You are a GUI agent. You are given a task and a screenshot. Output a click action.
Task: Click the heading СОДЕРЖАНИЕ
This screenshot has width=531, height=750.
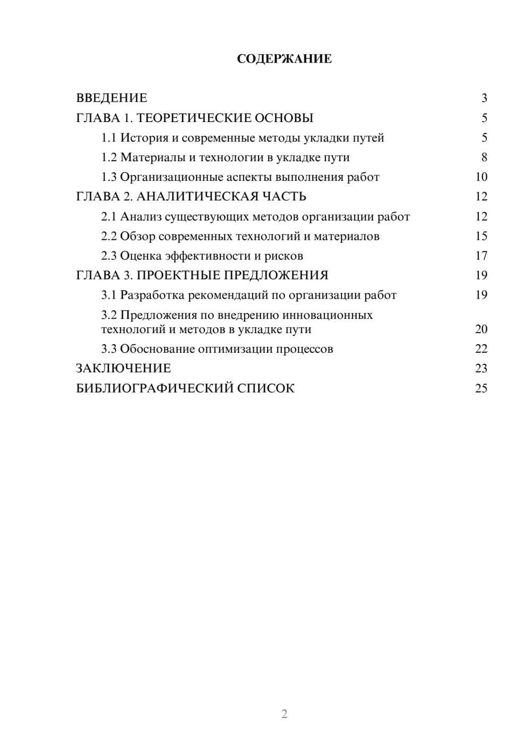click(284, 59)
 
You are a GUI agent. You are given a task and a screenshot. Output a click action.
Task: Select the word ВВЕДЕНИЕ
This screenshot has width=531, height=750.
click(112, 98)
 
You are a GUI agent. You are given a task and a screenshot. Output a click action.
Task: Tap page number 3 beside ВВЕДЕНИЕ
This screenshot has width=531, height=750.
click(484, 98)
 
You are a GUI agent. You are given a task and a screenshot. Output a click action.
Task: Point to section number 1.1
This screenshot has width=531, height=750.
click(108, 138)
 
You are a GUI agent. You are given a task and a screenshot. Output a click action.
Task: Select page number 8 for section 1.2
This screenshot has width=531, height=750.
click(484, 158)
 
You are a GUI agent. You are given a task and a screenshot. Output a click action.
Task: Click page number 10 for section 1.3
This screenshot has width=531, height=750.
click(481, 177)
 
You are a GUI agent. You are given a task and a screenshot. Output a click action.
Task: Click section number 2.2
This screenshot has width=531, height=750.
click(108, 236)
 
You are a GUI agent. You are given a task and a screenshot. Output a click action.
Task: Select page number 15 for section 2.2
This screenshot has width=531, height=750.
click(481, 236)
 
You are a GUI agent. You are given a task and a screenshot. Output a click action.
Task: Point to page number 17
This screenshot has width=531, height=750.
click(481, 256)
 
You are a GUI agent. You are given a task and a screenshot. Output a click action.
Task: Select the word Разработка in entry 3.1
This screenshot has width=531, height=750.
click(152, 295)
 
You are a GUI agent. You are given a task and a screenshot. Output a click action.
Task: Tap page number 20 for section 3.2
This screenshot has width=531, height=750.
click(481, 329)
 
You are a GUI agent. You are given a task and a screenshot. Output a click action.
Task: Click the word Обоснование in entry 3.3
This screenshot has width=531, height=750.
click(157, 349)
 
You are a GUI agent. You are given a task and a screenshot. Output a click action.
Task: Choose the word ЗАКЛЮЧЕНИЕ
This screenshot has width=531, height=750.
click(123, 368)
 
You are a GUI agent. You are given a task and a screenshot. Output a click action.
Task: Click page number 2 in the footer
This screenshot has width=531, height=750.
click(284, 714)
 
